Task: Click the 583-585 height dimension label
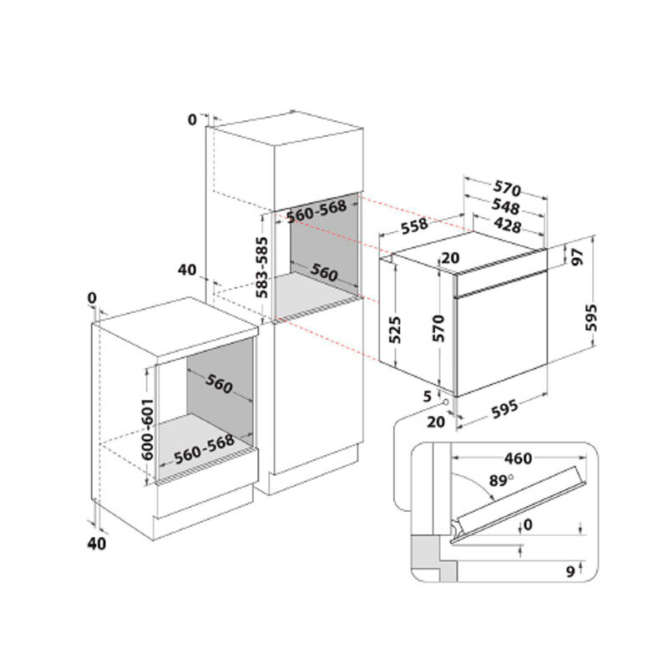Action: pyautogui.click(x=262, y=267)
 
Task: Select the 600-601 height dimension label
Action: pyautogui.click(x=148, y=429)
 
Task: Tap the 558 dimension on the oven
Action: pyautogui.click(x=414, y=226)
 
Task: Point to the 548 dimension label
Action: pyautogui.click(x=506, y=206)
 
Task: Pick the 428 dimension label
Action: pyautogui.click(x=507, y=225)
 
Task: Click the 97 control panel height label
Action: pyautogui.click(x=578, y=257)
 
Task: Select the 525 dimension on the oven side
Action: pyautogui.click(x=395, y=330)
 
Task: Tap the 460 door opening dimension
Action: pyautogui.click(x=518, y=458)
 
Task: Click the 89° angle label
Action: pyautogui.click(x=500, y=481)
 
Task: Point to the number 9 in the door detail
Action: pyautogui.click(x=570, y=572)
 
